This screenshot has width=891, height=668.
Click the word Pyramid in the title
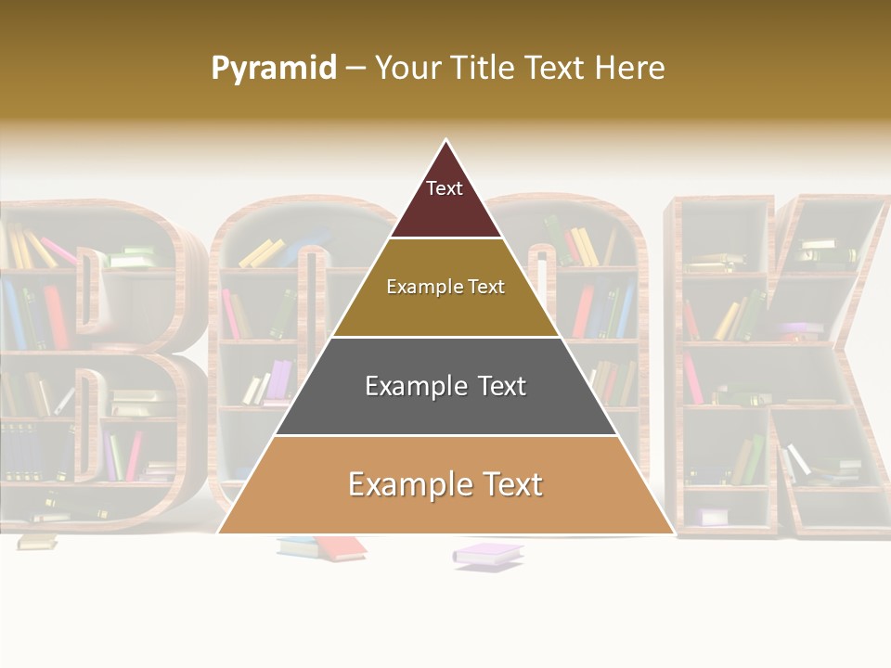coord(274,69)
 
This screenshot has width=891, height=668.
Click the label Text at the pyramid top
coord(445,188)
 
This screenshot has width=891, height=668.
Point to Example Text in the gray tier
coord(445,386)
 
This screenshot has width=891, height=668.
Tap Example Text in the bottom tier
coord(445,484)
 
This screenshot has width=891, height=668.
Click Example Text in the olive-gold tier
coord(445,287)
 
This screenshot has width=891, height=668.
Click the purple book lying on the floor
coord(488,555)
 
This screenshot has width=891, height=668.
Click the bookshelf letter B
coord(93,362)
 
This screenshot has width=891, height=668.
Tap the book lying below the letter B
coord(37,541)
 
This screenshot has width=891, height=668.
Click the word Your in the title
coord(407,69)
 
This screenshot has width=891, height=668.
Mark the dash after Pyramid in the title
coord(355,69)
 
